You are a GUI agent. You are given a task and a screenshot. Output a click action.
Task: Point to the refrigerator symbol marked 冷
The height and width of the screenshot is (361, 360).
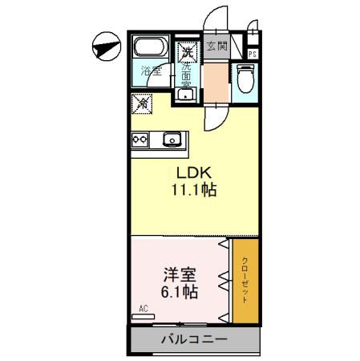140,103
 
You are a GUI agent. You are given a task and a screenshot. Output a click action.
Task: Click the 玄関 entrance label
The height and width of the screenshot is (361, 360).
216,47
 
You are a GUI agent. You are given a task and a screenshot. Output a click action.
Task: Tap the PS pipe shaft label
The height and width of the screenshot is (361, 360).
252,54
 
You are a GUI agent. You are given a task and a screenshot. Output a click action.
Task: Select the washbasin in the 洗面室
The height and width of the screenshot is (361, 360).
186,94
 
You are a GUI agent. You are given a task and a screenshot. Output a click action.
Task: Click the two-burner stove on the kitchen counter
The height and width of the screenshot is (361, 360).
140,140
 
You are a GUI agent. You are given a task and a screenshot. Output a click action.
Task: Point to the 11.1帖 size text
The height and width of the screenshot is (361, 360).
193,191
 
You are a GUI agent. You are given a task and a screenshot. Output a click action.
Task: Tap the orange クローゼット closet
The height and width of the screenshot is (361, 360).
245,281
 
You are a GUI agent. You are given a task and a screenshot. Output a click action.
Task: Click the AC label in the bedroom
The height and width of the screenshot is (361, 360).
144,308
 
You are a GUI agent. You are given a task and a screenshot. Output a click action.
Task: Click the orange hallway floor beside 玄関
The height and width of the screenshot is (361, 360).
216,80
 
